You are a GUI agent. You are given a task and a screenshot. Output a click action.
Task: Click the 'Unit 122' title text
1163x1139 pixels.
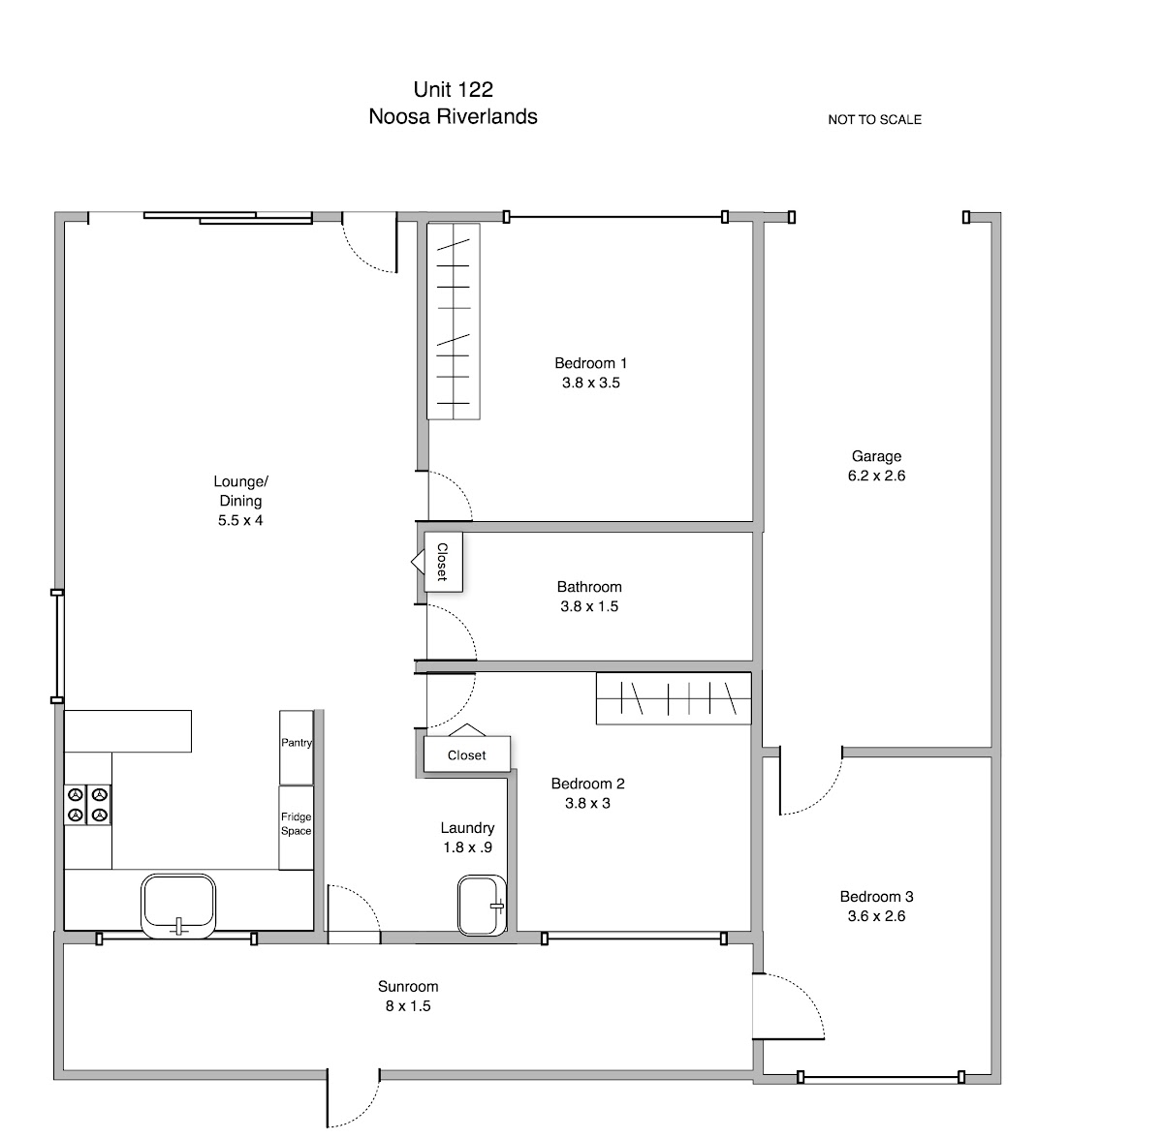coord(454,90)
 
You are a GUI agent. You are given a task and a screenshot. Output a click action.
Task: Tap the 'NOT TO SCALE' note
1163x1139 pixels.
coord(874,119)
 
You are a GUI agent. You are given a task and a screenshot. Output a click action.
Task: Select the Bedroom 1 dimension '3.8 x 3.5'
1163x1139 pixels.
coord(591,383)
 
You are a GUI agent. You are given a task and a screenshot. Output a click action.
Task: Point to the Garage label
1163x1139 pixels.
coord(876,456)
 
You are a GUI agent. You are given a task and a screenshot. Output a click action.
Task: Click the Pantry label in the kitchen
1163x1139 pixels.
coord(297,743)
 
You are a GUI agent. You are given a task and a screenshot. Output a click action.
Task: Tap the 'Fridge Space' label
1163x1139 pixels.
coord(296,823)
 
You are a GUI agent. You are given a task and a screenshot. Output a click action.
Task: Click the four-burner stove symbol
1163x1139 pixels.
coord(87,805)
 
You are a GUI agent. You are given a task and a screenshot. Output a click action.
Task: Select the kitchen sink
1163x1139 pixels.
coord(178,906)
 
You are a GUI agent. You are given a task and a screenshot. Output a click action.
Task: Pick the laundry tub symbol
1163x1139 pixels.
coord(482,905)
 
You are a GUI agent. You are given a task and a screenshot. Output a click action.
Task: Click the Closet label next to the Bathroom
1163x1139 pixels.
coord(442,562)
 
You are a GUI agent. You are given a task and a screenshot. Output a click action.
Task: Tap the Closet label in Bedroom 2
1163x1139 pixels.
coord(466,755)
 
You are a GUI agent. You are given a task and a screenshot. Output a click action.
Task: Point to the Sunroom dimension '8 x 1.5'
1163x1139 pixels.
coord(408,1005)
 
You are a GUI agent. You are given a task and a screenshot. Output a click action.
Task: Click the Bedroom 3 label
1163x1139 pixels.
coord(876,897)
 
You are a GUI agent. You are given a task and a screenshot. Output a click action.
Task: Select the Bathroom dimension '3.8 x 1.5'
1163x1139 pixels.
coord(589,606)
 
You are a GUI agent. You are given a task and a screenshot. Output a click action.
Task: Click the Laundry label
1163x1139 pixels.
coord(467,828)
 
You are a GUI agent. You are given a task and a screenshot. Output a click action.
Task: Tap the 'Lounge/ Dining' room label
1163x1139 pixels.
coord(240,491)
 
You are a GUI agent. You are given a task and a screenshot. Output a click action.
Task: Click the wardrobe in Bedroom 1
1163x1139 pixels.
coord(454,322)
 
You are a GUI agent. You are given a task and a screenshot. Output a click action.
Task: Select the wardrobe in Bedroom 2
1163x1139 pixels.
coord(674,698)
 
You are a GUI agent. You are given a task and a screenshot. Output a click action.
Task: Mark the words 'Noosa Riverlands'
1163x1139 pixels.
coord(453,116)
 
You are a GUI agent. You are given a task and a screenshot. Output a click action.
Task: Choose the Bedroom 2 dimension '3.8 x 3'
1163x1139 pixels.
coord(587,803)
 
